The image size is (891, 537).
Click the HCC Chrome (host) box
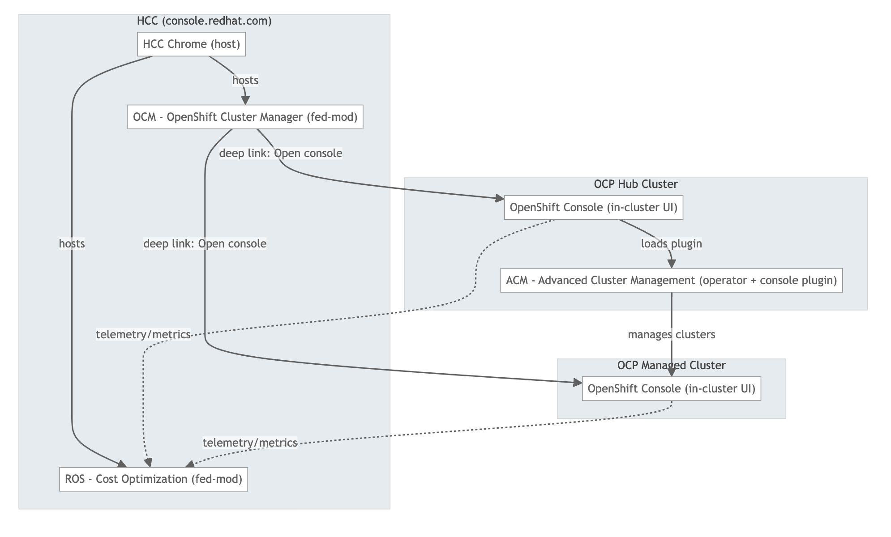pyautogui.click(x=191, y=44)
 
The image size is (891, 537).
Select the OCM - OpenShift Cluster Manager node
pyautogui.click(x=245, y=117)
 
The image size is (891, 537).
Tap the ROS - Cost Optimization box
pyautogui.click(x=154, y=479)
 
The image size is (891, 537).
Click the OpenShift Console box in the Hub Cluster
pyautogui.click(x=593, y=208)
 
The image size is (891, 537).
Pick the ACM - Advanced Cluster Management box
pyautogui.click(x=671, y=281)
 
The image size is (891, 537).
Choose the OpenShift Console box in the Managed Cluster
pyautogui.click(x=671, y=388)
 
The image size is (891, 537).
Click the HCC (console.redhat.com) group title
pyautogui.click(x=204, y=21)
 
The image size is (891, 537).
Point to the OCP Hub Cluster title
pyautogui.click(x=635, y=184)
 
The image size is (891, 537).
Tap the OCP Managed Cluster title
pyautogui.click(x=671, y=365)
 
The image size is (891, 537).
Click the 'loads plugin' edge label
pyautogui.click(x=671, y=243)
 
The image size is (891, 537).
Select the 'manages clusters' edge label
pyautogui.click(x=671, y=335)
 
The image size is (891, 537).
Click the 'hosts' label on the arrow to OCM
pyautogui.click(x=245, y=80)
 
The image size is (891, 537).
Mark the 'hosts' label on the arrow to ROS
pyautogui.click(x=72, y=243)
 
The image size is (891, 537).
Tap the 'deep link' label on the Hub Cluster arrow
pyautogui.click(x=281, y=153)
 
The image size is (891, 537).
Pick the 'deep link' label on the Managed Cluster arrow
pyautogui.click(x=205, y=243)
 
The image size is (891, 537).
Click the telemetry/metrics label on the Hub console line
pyautogui.click(x=143, y=335)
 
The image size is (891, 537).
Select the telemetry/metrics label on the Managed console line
pyautogui.click(x=250, y=443)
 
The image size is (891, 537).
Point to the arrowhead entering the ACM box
pyautogui.click(x=671, y=264)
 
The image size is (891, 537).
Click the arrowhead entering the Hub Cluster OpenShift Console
pyautogui.click(x=499, y=199)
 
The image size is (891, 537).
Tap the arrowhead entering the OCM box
pyautogui.click(x=245, y=101)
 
